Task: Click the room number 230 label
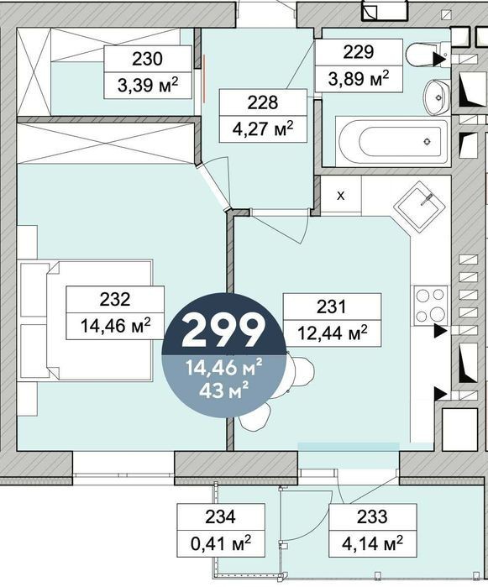(x=147, y=59)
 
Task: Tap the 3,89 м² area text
(x=359, y=79)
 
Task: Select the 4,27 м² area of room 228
(x=263, y=129)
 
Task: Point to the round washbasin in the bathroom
(x=437, y=97)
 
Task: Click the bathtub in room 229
(x=392, y=142)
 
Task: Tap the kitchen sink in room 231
(x=419, y=207)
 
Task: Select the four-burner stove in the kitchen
(x=430, y=305)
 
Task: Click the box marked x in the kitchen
(x=341, y=196)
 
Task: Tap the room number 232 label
(x=115, y=300)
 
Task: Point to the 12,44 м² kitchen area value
(x=333, y=333)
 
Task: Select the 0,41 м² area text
(x=221, y=542)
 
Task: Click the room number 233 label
(x=372, y=517)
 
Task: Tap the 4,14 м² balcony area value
(x=372, y=542)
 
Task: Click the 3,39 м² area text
(x=147, y=86)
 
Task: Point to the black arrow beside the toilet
(x=439, y=59)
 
